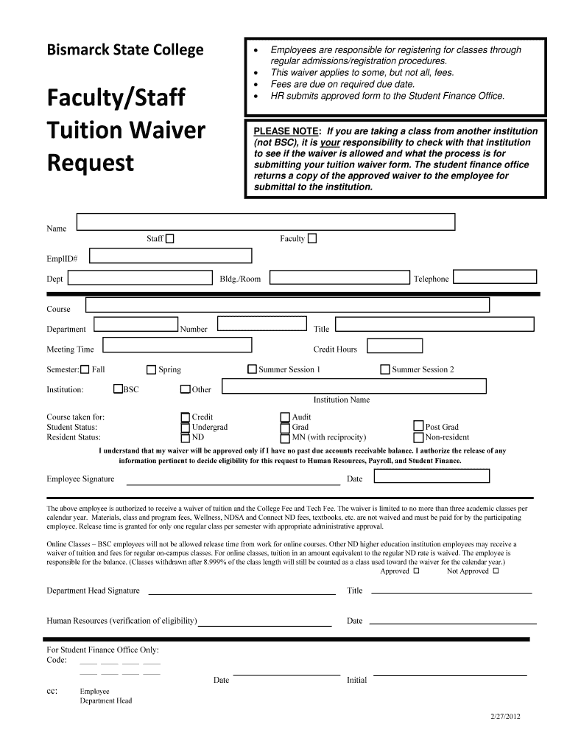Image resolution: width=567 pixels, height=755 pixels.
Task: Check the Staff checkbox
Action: click(170, 239)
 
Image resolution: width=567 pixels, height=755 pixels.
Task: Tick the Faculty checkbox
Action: click(312, 238)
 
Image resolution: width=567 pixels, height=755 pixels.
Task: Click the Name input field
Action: click(266, 222)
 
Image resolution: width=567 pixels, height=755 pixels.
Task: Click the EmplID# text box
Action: click(172, 256)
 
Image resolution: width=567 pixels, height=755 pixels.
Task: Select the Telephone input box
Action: click(494, 277)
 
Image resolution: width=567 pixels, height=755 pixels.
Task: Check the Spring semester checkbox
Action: click(152, 369)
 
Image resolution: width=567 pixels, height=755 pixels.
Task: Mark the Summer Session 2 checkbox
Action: click(384, 369)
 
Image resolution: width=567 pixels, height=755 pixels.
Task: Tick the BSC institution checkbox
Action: click(118, 389)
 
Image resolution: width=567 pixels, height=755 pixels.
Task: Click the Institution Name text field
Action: click(353, 386)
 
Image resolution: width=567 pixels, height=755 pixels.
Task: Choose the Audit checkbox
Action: click(285, 417)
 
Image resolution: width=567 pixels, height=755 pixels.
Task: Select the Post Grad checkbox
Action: click(418, 426)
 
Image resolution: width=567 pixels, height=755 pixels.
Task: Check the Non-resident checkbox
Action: click(418, 437)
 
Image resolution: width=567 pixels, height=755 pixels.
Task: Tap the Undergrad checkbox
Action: click(185, 427)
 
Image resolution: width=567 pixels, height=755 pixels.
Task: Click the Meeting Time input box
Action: click(177, 345)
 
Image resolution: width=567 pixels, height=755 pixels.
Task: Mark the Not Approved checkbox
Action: click(496, 571)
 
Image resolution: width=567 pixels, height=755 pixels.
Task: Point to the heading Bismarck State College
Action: click(125, 50)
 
